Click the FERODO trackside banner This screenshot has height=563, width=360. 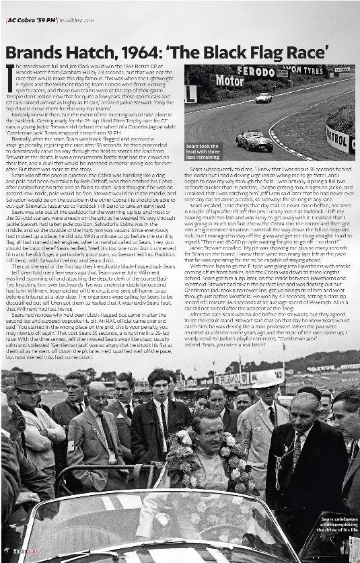256,71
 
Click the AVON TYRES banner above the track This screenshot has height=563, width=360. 303,69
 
